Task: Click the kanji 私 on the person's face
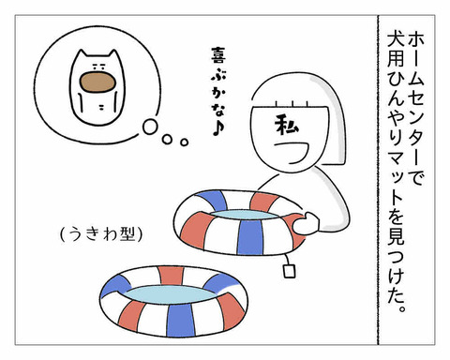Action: [x=287, y=125]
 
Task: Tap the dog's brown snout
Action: [x=97, y=82]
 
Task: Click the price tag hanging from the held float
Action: [x=289, y=271]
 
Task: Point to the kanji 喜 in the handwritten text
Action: [x=218, y=56]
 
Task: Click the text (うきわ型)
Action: [x=100, y=235]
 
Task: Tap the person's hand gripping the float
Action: [x=306, y=223]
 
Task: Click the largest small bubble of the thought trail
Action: [x=150, y=127]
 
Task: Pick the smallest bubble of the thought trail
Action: [x=185, y=142]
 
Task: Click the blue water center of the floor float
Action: [x=171, y=293]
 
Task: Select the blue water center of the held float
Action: [x=245, y=215]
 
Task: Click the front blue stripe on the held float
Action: [x=249, y=237]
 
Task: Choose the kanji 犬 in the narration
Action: [x=396, y=41]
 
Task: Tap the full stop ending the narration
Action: [x=403, y=308]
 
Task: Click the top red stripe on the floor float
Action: [x=171, y=275]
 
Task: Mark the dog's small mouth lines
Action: [x=102, y=108]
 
